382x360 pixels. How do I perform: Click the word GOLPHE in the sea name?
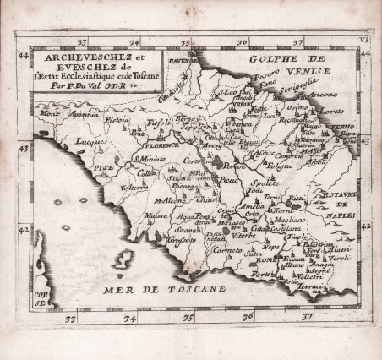click(264, 61)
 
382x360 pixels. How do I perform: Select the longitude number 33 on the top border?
click(83, 41)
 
